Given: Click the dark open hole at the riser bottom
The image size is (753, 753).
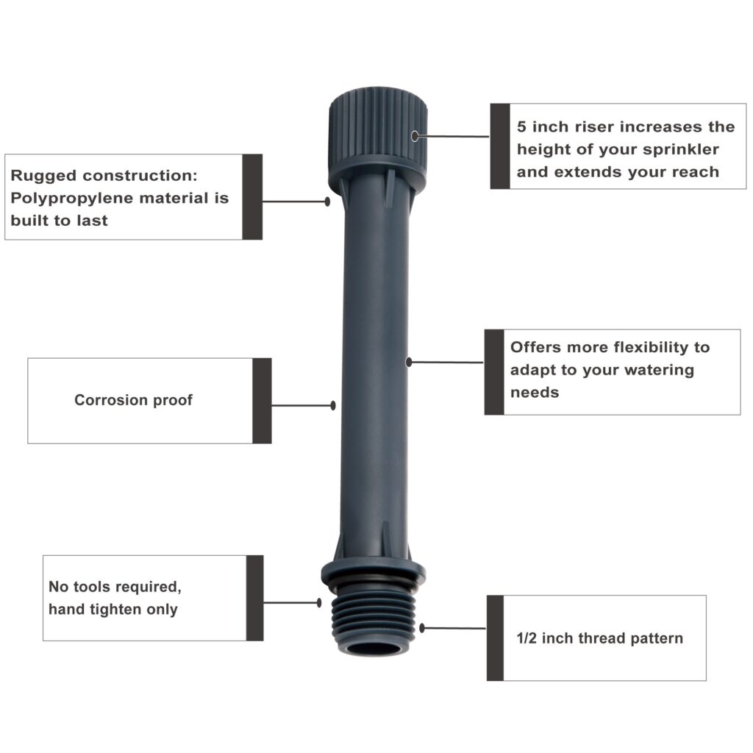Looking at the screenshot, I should [x=374, y=649].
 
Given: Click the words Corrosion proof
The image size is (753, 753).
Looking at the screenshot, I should [x=133, y=401].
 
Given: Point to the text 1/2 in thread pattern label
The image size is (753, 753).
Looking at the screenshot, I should [x=600, y=638].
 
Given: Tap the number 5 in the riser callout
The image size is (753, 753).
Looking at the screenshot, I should [x=521, y=127].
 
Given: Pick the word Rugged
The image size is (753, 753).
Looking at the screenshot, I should [x=43, y=176].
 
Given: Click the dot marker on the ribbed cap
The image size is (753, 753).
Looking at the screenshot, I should [x=415, y=135].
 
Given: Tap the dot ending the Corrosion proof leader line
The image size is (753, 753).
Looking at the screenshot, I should [x=333, y=405].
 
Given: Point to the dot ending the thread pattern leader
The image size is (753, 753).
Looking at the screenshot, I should [x=423, y=628].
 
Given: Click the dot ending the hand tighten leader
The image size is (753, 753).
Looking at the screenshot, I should [x=319, y=602].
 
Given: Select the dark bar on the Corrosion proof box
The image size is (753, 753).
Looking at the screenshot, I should [x=262, y=401].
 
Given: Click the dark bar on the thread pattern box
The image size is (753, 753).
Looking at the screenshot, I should [x=495, y=638].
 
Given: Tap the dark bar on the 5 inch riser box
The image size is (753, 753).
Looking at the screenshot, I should [x=500, y=146].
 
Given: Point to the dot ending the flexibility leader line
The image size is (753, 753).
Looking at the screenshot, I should [x=409, y=362].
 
